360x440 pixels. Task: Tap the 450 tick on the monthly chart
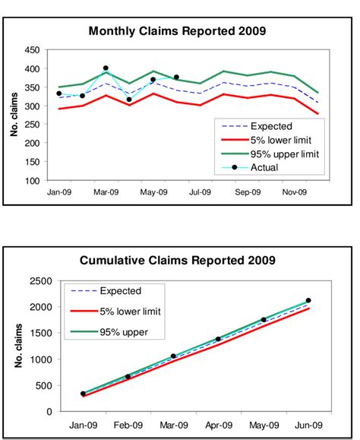[32, 50]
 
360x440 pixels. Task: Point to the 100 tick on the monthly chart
[32, 181]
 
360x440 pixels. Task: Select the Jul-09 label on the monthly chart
[200, 193]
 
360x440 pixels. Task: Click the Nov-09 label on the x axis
[294, 193]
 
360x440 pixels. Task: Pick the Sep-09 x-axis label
[247, 193]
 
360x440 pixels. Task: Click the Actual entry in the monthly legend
[265, 168]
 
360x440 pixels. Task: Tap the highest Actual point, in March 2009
[106, 68]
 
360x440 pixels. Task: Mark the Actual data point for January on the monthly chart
[58, 93]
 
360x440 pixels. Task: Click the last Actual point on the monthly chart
[176, 77]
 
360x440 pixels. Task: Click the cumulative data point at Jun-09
[308, 300]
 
